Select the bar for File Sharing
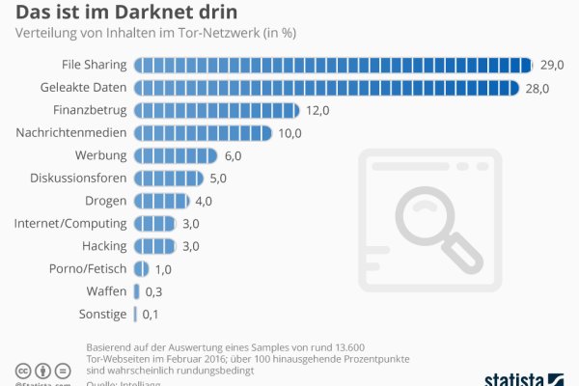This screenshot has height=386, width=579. coord(333,66)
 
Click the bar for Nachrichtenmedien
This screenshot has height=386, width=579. coord(202,133)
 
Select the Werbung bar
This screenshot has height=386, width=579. coord(175,155)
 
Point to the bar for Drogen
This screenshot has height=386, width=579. coord(161,201)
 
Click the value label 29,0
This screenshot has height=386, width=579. coord(553,66)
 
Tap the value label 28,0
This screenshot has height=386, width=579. coord(538,88)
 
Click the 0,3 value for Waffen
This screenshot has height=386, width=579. coord(153,290)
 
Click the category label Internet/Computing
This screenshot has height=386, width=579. coord(70,223)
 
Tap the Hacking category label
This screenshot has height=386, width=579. coord(104,246)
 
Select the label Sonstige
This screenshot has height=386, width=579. coord(102,314)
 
